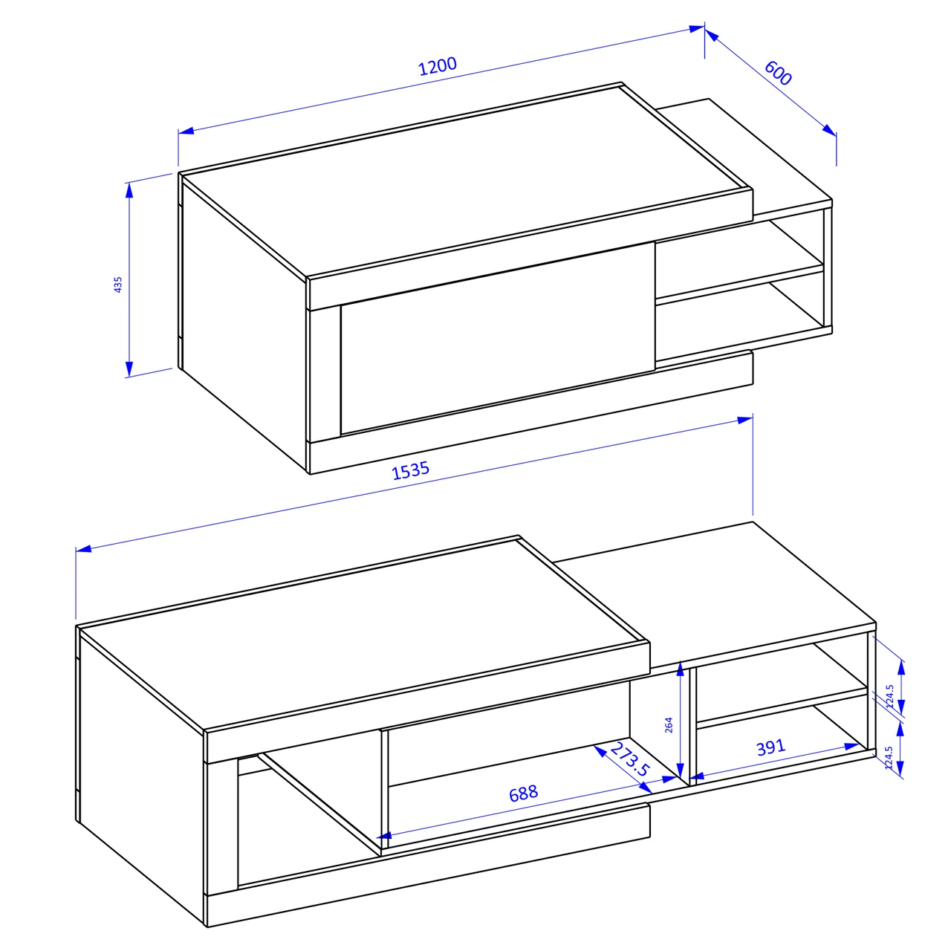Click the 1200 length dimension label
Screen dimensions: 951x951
pyautogui.click(x=438, y=67)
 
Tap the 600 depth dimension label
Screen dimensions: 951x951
pyautogui.click(x=778, y=73)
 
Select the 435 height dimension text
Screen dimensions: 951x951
pyautogui.click(x=118, y=285)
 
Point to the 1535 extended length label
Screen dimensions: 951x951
pyautogui.click(x=410, y=470)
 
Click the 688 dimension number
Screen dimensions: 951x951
pyautogui.click(x=523, y=793)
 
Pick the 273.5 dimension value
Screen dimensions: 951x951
pyautogui.click(x=630, y=759)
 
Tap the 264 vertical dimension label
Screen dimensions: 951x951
pyautogui.click(x=669, y=725)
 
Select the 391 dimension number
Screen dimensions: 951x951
pyautogui.click(x=770, y=747)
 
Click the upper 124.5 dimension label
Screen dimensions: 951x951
pyautogui.click(x=890, y=696)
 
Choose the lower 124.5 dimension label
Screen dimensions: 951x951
pyautogui.click(x=889, y=758)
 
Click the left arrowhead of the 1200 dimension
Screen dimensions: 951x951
pyautogui.click(x=186, y=131)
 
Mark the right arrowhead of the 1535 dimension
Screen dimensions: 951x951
pyautogui.click(x=745, y=420)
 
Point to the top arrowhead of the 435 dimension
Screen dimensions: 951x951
pyautogui.click(x=129, y=190)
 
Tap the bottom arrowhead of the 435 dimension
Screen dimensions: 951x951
pyautogui.click(x=129, y=369)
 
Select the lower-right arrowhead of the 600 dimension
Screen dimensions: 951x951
pyautogui.click(x=830, y=130)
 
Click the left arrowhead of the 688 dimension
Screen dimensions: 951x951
pyautogui.click(x=384, y=836)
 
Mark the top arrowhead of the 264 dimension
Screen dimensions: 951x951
pyautogui.click(x=680, y=669)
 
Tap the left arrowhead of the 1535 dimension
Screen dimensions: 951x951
pyautogui.click(x=84, y=549)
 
